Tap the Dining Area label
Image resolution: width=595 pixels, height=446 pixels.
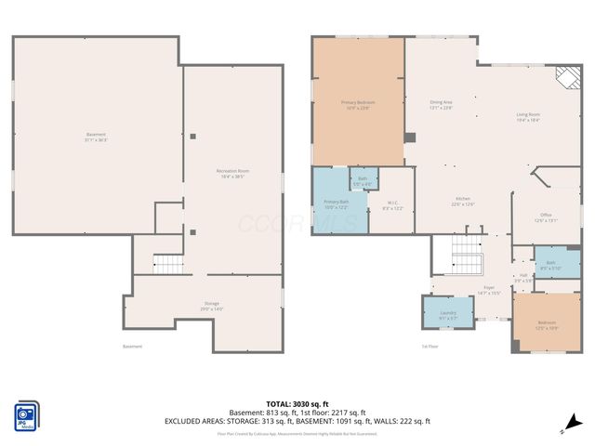441,104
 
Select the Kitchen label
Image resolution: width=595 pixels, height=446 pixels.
463,202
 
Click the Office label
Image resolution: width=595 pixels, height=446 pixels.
547,217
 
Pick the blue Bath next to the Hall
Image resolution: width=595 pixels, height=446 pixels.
549,265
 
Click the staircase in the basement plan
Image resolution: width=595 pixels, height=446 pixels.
167,263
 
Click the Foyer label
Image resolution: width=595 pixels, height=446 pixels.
487,290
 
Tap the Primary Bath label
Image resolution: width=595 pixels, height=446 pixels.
336,203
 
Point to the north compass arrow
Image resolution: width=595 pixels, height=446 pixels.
564,429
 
